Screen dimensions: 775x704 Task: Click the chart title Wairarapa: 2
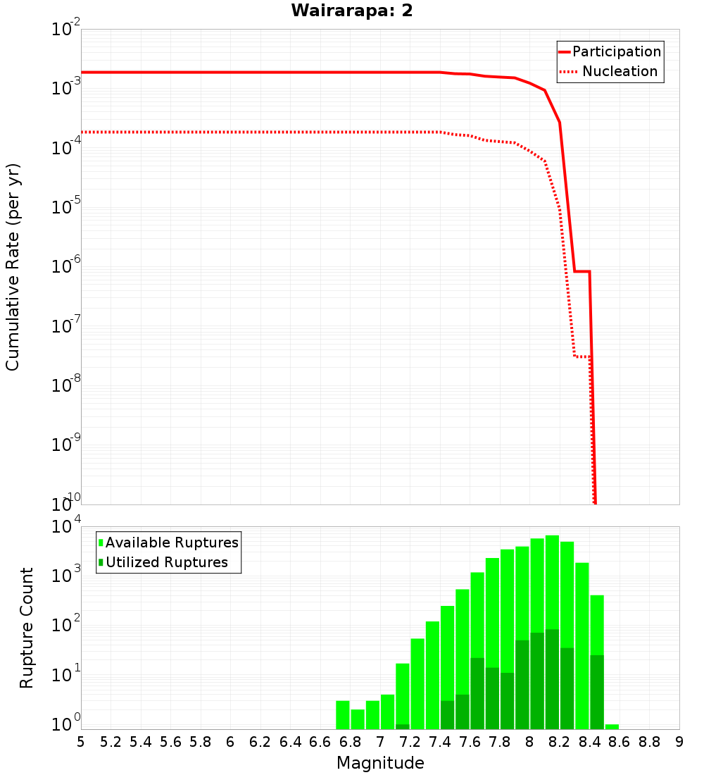click(352, 11)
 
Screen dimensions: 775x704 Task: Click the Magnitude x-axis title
click(380, 763)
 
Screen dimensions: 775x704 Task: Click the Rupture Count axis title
click(27, 628)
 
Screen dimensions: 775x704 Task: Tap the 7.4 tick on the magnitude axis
click(440, 742)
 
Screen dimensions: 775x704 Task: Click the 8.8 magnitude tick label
click(649, 742)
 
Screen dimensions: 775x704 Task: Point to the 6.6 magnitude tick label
click(320, 742)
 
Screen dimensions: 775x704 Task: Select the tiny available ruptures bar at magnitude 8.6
click(612, 726)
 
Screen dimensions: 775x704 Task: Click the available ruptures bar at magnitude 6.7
click(343, 715)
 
